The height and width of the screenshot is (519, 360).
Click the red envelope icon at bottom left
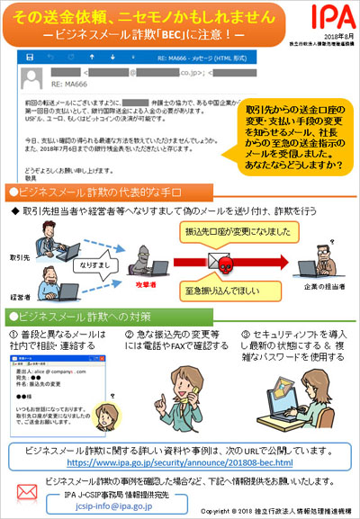pos(24,494)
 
